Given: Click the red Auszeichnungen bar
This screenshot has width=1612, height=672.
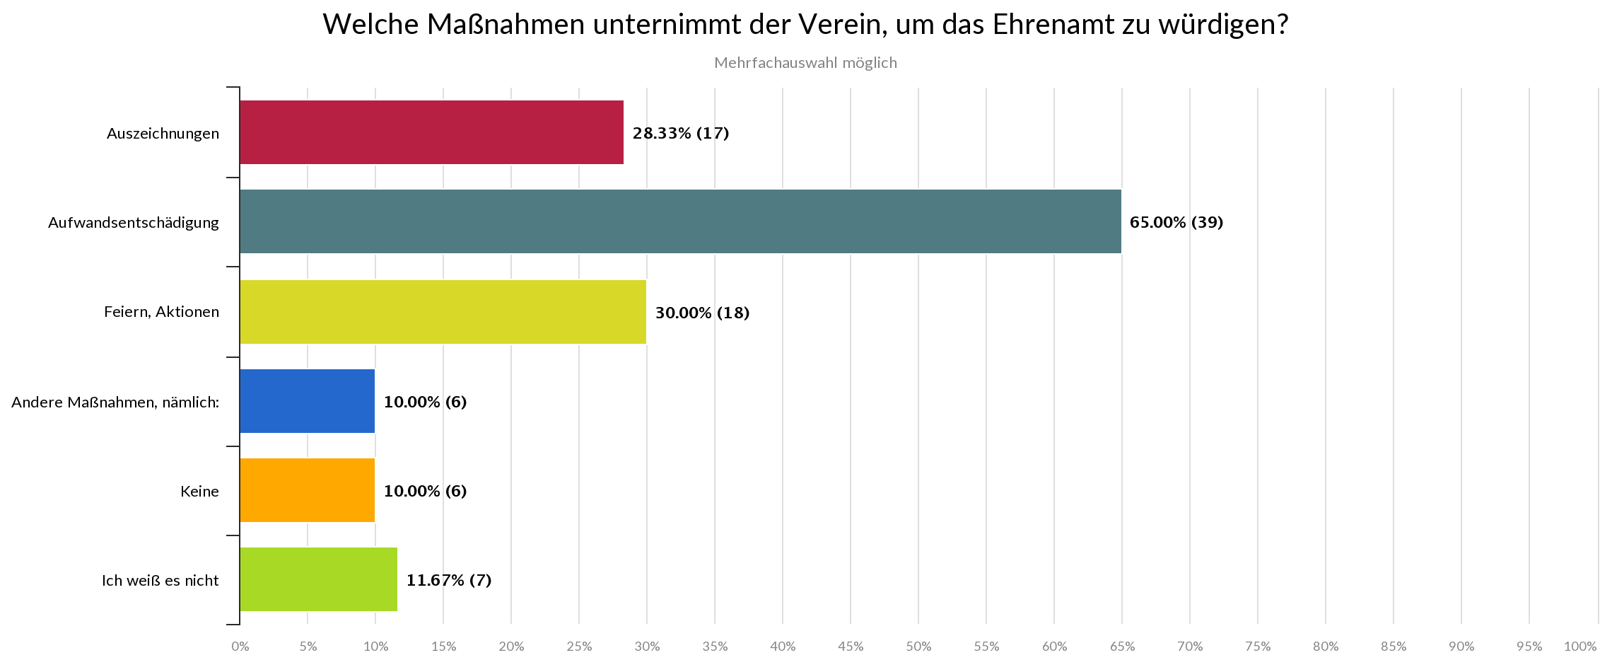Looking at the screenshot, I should (x=431, y=132).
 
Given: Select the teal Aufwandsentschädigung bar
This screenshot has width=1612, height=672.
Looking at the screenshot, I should (x=680, y=221).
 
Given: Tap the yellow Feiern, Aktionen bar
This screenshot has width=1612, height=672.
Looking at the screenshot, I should (x=443, y=312).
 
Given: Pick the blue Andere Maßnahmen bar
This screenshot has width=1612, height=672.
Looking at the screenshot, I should (x=307, y=401).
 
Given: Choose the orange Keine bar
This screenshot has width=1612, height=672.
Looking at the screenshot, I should (x=307, y=491).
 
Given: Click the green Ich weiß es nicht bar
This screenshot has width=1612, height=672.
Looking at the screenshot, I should (x=318, y=580).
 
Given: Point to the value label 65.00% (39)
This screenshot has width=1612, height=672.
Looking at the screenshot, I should (x=1176, y=222).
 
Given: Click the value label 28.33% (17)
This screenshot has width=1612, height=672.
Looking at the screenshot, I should (x=680, y=133).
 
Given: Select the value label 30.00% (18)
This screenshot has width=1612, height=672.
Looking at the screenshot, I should (x=701, y=313).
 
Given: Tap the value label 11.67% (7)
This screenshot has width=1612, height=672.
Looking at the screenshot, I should (x=448, y=581).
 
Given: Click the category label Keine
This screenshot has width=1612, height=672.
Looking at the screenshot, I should (x=199, y=492).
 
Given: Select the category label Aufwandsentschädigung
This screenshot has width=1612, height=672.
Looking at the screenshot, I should (x=134, y=223).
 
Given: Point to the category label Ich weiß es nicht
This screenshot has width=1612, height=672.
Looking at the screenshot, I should (x=160, y=581).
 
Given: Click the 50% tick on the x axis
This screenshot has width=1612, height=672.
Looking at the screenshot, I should (x=918, y=647).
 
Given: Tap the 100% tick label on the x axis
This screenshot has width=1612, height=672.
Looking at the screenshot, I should (x=1580, y=647).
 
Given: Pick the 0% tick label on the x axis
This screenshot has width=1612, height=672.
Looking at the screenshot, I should (x=240, y=647).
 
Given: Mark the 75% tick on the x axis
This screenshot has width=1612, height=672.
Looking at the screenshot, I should (x=1258, y=647).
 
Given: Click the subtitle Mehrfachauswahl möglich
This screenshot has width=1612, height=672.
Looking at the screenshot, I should (x=805, y=63).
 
